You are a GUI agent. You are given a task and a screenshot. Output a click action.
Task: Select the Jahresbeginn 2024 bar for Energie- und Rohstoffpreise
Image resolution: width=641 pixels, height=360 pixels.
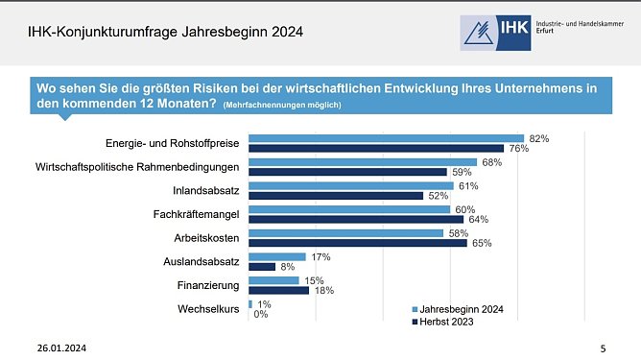(386, 138)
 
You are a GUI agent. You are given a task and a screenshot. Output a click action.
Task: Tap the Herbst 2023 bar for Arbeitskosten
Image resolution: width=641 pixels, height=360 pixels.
(357, 243)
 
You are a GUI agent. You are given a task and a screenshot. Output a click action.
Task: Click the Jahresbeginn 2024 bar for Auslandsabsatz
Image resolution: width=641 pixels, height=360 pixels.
(276, 256)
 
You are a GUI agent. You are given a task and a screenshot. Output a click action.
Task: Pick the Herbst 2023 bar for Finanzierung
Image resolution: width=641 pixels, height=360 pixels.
(278, 290)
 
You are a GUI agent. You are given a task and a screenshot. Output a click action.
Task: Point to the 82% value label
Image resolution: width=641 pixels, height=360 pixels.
(538, 138)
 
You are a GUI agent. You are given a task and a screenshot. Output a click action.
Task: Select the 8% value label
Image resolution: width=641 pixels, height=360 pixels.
(287, 267)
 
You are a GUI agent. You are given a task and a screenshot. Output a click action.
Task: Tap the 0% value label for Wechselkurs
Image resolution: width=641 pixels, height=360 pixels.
(261, 314)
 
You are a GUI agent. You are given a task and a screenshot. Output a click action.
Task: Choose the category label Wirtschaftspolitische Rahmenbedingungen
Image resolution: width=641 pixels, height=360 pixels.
(137, 167)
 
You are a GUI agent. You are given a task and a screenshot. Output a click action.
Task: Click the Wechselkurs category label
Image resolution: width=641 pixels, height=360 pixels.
(208, 309)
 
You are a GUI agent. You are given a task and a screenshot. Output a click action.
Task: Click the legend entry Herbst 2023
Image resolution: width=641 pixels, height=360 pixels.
(446, 323)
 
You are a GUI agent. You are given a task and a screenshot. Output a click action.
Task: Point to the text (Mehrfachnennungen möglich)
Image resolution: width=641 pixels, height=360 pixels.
(281, 105)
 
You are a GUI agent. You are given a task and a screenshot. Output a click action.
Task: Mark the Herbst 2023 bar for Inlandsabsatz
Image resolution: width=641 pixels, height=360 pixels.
(335, 196)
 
